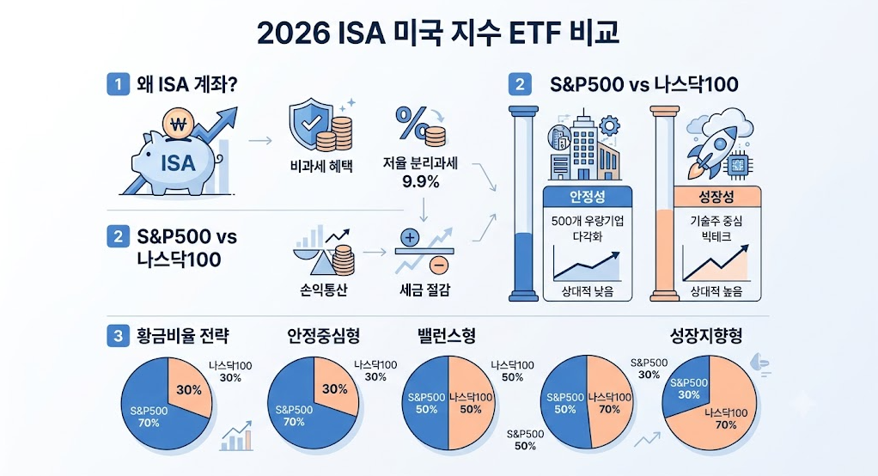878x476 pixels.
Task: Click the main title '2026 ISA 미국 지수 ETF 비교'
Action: point(438,34)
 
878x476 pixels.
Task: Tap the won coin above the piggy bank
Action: point(178,124)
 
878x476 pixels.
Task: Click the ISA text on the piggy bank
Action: point(178,162)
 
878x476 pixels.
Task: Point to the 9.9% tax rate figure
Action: point(420,181)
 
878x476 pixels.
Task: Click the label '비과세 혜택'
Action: point(321,166)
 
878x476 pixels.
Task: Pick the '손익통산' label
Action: point(324,290)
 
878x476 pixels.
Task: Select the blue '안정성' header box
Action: point(588,197)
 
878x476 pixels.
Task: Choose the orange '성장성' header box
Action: point(716,197)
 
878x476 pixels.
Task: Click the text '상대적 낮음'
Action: point(588,291)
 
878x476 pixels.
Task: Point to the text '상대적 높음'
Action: point(716,291)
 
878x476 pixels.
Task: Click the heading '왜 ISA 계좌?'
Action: point(187,84)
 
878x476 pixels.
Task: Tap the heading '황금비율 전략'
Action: point(182,336)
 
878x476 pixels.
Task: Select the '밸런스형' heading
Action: point(447,336)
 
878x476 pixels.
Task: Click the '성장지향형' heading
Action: point(706,336)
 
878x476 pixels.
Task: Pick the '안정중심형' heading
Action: point(324,336)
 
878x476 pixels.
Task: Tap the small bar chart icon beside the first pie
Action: point(237,436)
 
